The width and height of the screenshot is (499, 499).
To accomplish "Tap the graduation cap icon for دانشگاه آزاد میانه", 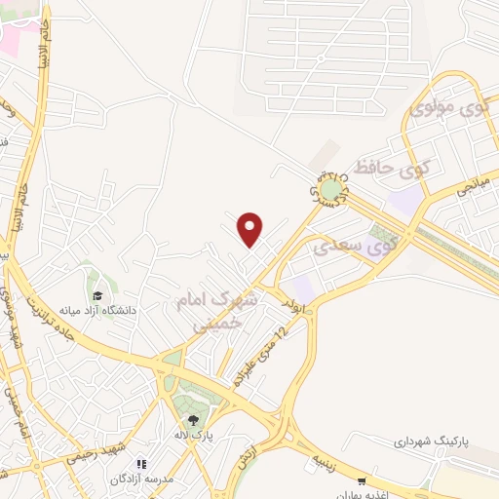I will pyautogui.click(x=96, y=296).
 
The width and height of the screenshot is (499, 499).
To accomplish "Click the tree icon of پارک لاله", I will pyautogui.click(x=193, y=419).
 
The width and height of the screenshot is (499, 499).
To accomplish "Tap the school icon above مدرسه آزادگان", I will pyautogui.click(x=141, y=464).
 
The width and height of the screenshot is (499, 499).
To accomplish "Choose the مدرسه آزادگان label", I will pyautogui.click(x=142, y=480).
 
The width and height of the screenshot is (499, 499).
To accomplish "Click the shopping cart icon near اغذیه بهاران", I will pyautogui.click(x=362, y=480).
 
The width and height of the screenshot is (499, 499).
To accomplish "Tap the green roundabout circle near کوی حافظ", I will pyautogui.click(x=332, y=187).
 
